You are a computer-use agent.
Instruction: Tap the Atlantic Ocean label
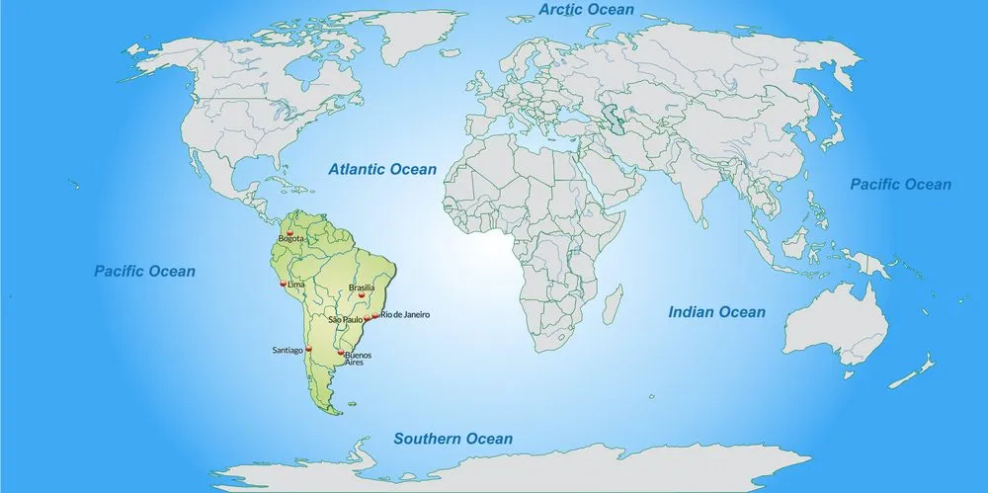[x=382, y=169]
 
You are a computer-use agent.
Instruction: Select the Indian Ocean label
[x=716, y=312]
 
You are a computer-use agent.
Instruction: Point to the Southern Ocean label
[x=453, y=439]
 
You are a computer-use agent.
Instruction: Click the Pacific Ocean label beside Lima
[x=145, y=271]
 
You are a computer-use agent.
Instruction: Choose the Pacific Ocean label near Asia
[x=901, y=184]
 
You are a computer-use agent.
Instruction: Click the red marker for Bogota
[x=289, y=233]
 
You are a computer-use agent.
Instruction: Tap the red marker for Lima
[x=283, y=284]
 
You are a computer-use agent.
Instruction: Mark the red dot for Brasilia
[x=362, y=294]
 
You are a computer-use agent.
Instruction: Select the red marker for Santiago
[x=308, y=349]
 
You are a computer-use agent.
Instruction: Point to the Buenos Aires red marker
[x=342, y=353]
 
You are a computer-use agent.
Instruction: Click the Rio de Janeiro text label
[x=405, y=314]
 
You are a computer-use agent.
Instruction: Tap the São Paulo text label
[x=346, y=320]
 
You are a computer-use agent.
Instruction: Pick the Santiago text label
[x=288, y=350]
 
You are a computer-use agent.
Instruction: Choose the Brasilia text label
[x=362, y=288]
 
